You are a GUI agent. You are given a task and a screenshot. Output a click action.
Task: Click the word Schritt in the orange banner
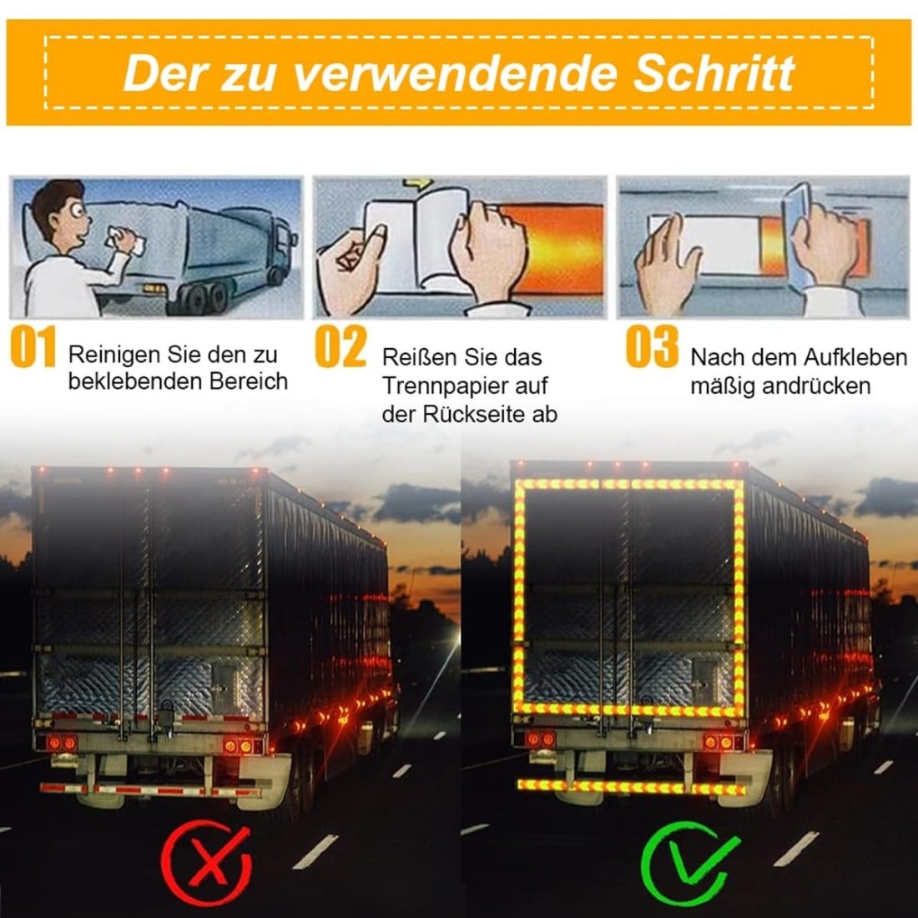pyautogui.click(x=714, y=73)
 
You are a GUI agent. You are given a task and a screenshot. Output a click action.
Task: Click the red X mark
pyautogui.click(x=206, y=863)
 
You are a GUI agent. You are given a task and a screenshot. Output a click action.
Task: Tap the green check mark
pyautogui.click(x=691, y=863)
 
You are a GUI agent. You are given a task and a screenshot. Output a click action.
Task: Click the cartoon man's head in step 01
pyautogui.click(x=58, y=211)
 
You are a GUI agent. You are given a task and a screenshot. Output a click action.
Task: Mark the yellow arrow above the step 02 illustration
pyautogui.click(x=418, y=184)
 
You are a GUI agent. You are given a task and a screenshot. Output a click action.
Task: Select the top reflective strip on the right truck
pyautogui.click(x=629, y=485)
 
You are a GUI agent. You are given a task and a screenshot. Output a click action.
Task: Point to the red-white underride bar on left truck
pyautogui.click(x=150, y=789)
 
